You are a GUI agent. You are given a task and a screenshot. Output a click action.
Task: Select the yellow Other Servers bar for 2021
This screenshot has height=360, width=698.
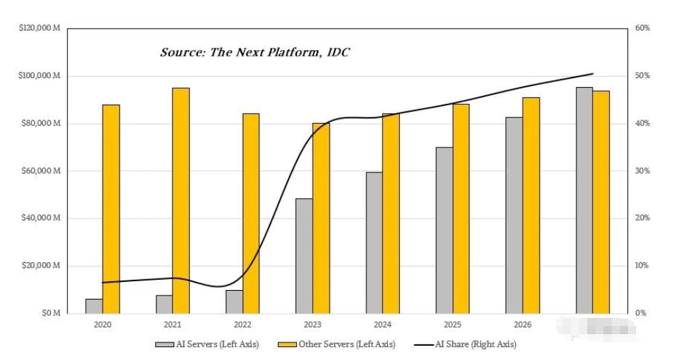[181, 200]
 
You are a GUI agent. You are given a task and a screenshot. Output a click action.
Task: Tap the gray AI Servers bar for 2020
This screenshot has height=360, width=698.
[94, 306]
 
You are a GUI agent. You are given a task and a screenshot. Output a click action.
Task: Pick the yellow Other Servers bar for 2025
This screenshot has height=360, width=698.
[461, 208]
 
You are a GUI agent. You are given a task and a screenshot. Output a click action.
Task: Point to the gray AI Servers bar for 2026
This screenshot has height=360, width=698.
[514, 215]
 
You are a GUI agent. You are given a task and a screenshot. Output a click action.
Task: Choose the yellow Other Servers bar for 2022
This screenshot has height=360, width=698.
[251, 213]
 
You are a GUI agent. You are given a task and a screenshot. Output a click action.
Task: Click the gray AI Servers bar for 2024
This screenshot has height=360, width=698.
[374, 242]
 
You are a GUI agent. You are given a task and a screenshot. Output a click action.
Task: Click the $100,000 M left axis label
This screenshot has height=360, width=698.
[39, 75]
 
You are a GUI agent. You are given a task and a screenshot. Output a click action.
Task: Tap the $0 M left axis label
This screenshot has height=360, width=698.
[50, 313]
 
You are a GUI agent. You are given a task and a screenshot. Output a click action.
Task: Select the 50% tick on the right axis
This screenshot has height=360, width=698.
[642, 75]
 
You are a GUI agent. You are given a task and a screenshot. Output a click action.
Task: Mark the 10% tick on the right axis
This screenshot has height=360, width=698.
[642, 266]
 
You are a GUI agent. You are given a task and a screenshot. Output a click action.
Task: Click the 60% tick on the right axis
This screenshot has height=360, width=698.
[642, 28]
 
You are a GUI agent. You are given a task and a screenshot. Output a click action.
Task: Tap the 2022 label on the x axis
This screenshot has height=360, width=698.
[243, 325]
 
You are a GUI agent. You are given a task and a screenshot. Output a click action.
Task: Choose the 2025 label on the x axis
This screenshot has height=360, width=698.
[453, 325]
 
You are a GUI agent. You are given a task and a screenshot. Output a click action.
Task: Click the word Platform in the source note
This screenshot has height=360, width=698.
[288, 52]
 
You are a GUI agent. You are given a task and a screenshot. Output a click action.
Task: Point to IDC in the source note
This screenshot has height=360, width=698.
[336, 52]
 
